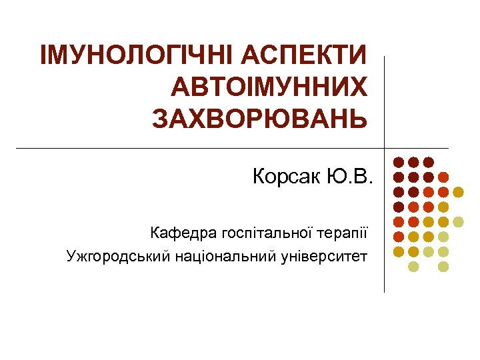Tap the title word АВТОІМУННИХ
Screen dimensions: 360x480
(269, 87)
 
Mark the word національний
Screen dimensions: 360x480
(212, 256)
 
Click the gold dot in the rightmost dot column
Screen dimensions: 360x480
(458, 192)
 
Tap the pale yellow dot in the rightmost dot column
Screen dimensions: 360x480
(458, 221)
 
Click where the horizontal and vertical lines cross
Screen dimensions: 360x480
(385, 148)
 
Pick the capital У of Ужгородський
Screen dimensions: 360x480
(71, 256)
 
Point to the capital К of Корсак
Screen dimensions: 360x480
(259, 177)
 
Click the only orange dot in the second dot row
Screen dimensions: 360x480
(443, 177)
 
